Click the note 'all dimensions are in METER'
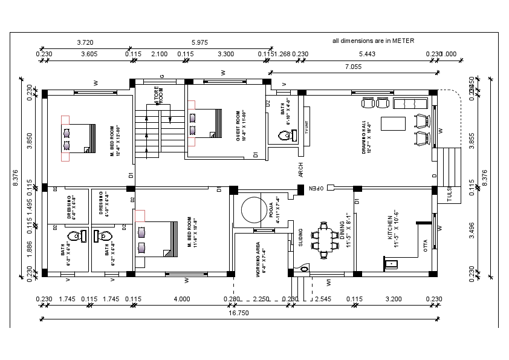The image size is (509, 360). pos(373,41)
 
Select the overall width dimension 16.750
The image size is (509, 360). pos(239,313)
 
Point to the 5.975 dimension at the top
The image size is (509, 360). pos(199,42)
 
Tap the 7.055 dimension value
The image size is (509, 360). pos(353,67)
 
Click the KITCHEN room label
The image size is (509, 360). pos(394,231)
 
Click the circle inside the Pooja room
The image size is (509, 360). pos(251,210)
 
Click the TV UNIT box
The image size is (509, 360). pos(306,128)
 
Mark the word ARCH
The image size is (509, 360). pos(300,169)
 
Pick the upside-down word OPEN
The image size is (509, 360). pos(317,188)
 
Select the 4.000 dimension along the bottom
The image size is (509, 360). pos(181,299)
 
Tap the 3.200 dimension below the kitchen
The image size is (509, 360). pos(393,299)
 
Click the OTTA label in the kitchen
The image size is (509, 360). pos(426,244)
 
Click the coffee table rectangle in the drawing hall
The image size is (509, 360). pos(394,123)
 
